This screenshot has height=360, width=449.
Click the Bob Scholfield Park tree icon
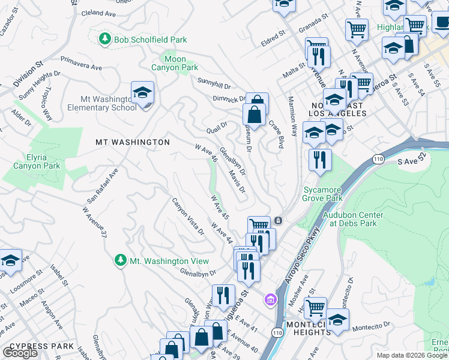pos(106,38)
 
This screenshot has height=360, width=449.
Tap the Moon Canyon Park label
pos(181,63)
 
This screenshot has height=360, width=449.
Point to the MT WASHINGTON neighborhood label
pos(133,142)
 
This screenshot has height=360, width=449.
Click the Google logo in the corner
pos(20,352)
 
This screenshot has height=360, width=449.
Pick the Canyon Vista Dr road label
pos(188,217)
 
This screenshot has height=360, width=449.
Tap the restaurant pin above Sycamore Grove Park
pos(319,160)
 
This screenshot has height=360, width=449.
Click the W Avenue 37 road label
pos(94,222)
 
